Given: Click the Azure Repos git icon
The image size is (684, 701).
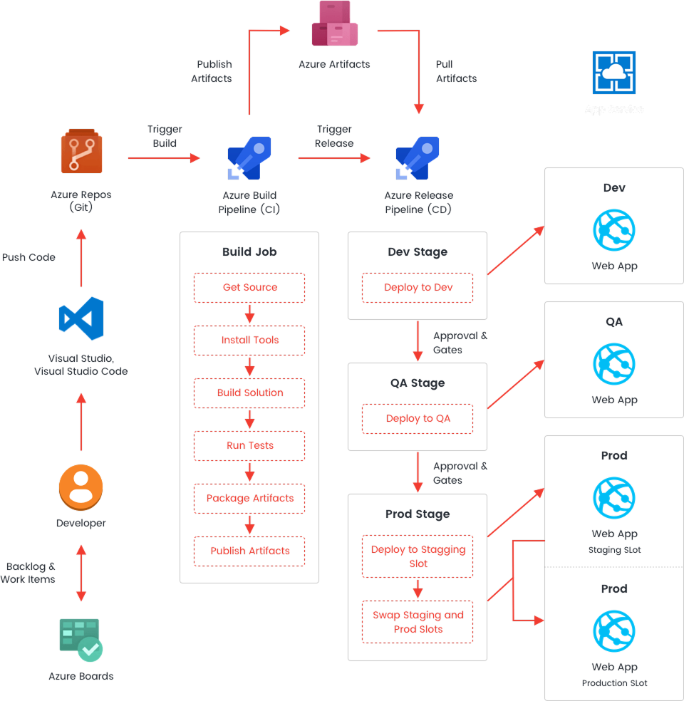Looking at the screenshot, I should [x=81, y=151].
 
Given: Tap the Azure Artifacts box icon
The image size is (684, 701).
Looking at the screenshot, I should [x=334, y=24].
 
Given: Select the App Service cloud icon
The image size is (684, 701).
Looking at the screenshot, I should [x=613, y=72].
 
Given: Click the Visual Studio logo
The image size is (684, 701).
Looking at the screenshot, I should [x=81, y=318].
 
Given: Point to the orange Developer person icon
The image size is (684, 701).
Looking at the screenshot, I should [x=81, y=488].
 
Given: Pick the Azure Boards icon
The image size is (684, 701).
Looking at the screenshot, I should [x=81, y=639].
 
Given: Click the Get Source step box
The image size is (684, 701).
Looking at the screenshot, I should [x=249, y=288].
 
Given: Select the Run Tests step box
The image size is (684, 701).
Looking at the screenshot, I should [x=249, y=446].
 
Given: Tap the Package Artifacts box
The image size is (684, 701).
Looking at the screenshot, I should [x=249, y=499].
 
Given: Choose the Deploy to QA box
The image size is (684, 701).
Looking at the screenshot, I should [x=418, y=419].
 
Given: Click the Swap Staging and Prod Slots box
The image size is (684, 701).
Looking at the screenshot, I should [x=418, y=622].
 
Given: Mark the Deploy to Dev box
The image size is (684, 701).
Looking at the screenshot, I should [x=418, y=288].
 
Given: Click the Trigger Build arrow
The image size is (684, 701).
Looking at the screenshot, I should [x=165, y=157].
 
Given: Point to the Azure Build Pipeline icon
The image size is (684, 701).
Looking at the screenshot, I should [x=249, y=157].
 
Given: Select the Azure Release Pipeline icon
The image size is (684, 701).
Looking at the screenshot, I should [x=418, y=157].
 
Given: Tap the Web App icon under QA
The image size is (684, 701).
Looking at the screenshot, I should [x=613, y=364].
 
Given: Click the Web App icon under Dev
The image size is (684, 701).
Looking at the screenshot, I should [x=613, y=230].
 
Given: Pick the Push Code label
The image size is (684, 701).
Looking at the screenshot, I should [x=28, y=257].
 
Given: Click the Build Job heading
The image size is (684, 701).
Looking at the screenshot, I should [x=249, y=252].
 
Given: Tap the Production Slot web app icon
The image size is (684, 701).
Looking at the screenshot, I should [x=613, y=631].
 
